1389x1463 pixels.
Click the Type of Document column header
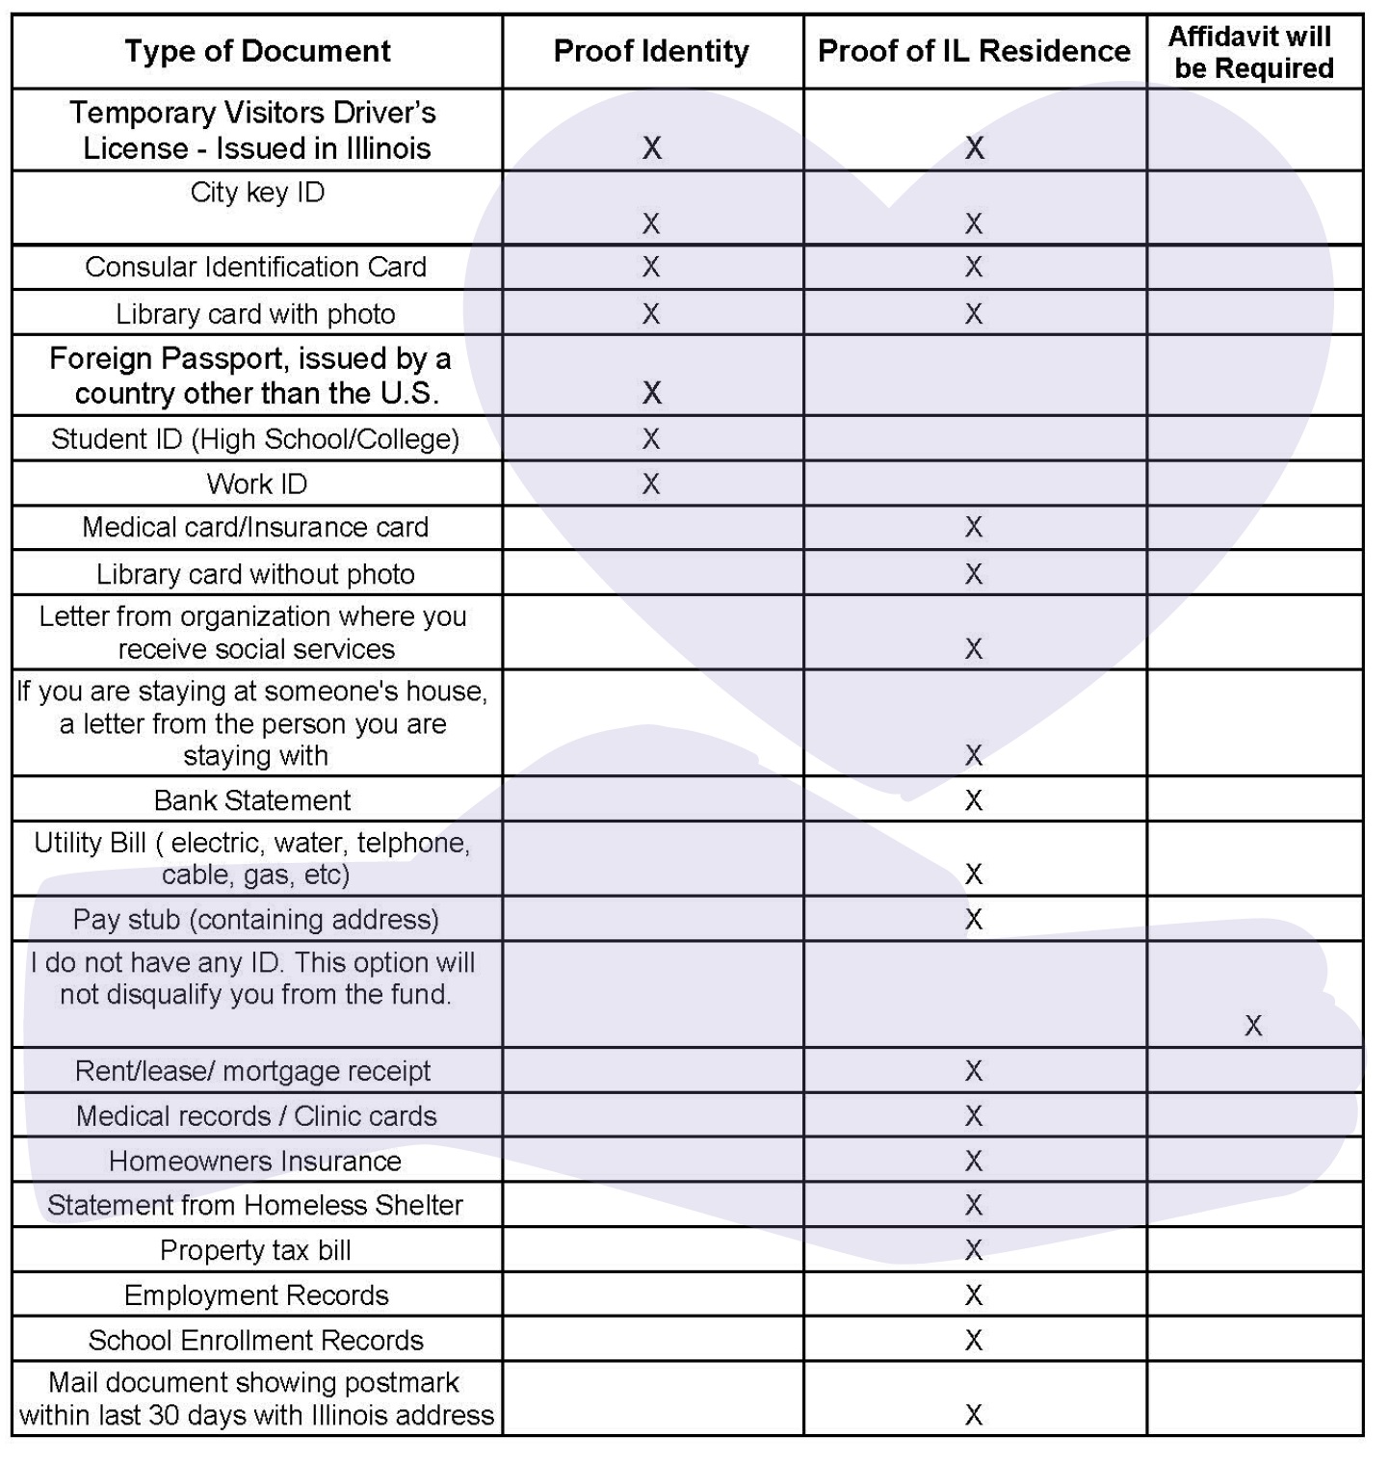click(257, 51)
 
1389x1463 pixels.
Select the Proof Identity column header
click(651, 51)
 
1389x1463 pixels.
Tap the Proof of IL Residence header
click(974, 51)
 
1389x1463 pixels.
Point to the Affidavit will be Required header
click(1252, 52)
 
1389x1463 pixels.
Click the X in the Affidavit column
click(1252, 1026)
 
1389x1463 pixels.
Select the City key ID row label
click(257, 193)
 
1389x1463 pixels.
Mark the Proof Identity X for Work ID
click(651, 483)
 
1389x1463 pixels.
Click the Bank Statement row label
click(252, 800)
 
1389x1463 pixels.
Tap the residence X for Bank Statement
click(974, 800)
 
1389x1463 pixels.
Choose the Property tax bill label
click(255, 1250)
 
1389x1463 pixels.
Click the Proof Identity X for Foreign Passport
click(651, 393)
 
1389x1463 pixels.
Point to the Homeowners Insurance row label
click(255, 1161)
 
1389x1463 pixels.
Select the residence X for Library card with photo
click(974, 314)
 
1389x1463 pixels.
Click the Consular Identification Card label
click(255, 267)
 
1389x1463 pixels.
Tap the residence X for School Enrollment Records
click(974, 1340)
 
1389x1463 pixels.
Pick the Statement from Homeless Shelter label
click(255, 1205)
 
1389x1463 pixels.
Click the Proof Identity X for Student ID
click(651, 439)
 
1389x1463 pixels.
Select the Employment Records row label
click(256, 1295)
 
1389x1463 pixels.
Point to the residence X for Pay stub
click(974, 920)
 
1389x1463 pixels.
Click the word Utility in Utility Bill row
click(69, 843)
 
